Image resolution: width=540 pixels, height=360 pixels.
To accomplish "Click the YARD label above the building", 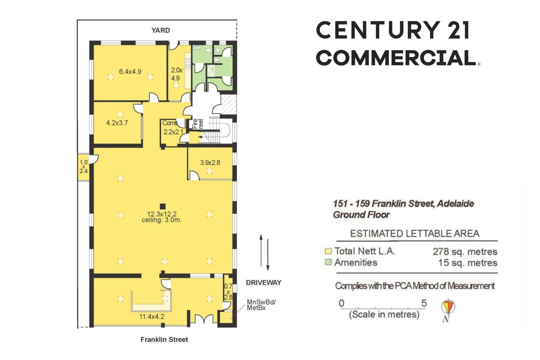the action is click(x=161, y=30).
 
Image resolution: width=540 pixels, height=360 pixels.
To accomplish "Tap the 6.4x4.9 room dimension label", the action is click(x=130, y=71).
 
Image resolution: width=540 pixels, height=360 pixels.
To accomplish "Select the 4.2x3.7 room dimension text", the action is click(x=117, y=123).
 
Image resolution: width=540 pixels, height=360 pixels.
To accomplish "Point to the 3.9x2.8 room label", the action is click(x=210, y=162).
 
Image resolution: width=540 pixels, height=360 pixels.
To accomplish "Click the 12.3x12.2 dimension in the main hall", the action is click(x=162, y=214).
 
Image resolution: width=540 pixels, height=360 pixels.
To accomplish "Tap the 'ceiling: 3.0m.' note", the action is click(x=161, y=220).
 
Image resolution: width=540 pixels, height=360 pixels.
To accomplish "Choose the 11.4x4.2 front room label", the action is click(x=152, y=316).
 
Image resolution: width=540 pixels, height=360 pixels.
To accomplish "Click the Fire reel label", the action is click(x=197, y=124).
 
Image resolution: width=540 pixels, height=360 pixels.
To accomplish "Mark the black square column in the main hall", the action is click(x=163, y=206).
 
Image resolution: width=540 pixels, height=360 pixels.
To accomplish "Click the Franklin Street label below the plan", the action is click(x=164, y=339).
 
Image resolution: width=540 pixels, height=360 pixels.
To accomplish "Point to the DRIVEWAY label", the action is click(x=263, y=283).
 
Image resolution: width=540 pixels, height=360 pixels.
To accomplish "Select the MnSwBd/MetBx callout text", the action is click(x=261, y=305).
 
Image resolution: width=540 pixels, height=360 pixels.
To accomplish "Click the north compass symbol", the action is click(x=448, y=310).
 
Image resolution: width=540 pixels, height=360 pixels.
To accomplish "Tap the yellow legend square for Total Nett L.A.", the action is click(x=328, y=251).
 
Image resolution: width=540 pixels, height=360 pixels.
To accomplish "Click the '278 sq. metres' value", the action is click(x=465, y=252).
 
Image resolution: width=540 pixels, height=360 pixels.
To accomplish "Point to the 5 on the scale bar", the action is click(x=424, y=303).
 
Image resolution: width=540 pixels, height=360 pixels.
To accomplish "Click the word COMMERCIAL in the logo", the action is click(x=396, y=58).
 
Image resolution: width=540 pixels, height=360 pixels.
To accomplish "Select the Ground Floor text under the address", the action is click(x=361, y=215).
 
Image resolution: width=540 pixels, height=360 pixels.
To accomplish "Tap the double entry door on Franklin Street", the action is click(x=204, y=319).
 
